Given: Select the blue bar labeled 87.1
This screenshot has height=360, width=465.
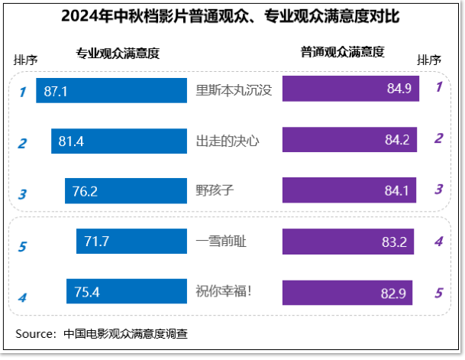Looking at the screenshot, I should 111,91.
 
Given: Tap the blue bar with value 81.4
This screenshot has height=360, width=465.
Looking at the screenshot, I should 119,141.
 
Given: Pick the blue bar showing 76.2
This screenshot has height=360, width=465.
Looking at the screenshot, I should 126,191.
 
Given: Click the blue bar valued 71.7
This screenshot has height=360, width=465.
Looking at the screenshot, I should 131,242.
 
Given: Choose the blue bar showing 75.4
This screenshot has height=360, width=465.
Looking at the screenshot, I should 127,291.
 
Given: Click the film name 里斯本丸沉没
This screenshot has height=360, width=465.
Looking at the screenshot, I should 234,90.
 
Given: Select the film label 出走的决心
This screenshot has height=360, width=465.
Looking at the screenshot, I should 228,141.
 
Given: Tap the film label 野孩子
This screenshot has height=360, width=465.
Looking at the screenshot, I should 215,191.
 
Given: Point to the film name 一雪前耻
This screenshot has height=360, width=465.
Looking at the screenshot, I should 221,242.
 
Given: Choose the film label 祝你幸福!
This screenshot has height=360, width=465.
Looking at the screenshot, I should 224,292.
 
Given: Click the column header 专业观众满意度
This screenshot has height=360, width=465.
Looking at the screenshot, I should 118,53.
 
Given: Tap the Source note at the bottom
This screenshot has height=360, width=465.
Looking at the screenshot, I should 102,333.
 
